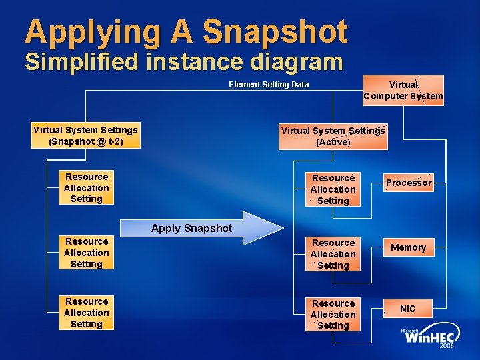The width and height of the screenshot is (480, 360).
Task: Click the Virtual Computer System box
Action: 403,91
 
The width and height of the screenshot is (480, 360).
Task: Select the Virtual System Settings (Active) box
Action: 333,137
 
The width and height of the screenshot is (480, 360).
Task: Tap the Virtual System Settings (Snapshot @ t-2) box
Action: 85,136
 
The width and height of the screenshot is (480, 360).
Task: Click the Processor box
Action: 409,183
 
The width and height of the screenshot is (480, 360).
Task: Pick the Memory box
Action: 408,247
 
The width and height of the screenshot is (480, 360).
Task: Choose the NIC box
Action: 407,309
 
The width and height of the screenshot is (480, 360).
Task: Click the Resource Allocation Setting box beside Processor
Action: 333,189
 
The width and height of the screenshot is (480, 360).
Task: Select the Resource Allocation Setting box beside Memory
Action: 333,254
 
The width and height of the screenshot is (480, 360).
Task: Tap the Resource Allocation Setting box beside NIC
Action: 333,315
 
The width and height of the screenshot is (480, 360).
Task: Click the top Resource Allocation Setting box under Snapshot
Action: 86,187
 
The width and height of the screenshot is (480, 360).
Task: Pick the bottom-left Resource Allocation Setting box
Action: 86,313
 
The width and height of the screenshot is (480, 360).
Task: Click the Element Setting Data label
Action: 269,85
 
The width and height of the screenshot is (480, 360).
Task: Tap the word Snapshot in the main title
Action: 275,31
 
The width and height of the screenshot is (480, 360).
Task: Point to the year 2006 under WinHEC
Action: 446,347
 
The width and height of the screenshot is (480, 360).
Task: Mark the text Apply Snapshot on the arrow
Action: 191,228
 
